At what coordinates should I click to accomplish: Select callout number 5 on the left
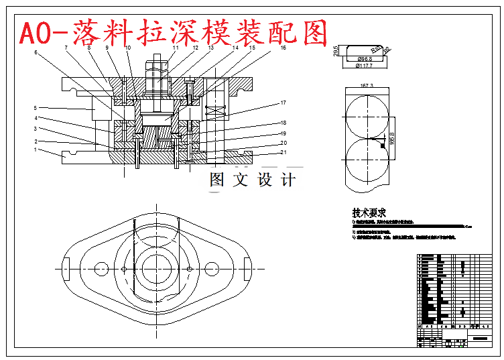(36, 107)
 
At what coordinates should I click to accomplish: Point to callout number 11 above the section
(176, 48)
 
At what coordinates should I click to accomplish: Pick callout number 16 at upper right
(283, 48)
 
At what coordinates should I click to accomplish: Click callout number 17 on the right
(283, 103)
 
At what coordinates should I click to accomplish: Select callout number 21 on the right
(283, 152)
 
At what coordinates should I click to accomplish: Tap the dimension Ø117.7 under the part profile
(364, 66)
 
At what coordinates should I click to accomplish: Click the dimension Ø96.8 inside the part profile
(364, 59)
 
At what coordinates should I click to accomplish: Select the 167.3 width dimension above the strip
(366, 86)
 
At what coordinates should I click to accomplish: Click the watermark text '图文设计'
(252, 180)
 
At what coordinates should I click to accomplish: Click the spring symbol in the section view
(216, 110)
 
